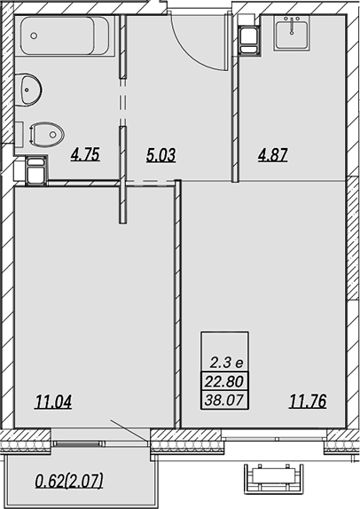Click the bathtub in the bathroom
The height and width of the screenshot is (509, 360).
pos(65,36)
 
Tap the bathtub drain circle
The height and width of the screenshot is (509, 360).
pos(34,35)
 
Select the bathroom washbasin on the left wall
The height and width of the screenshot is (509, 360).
pos(28,90)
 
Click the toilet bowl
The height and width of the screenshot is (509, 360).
pos(46,134)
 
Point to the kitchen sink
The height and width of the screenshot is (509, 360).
pos(291,33)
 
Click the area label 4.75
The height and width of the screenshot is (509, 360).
pos(85,154)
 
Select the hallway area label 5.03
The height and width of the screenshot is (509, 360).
pos(160,155)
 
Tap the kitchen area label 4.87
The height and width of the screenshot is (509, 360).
pos(273,155)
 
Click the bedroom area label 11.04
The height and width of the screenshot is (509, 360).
pos(53,402)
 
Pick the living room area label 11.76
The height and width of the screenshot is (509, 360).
pos(308,401)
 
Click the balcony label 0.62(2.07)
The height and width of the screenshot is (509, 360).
pos(69,481)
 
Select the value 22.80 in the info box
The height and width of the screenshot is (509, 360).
pos(224,381)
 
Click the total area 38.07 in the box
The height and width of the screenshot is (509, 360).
pos(224,400)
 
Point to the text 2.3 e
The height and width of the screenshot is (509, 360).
pos(226,363)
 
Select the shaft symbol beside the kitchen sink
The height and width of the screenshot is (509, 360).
pos(249,40)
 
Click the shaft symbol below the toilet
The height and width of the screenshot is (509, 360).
pos(36,170)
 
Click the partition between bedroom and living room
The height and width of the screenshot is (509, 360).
pos(177,303)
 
